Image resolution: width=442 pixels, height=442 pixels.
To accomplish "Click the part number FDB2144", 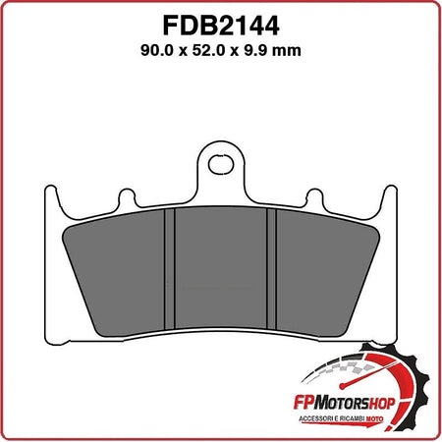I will pyautogui.click(x=221, y=23).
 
